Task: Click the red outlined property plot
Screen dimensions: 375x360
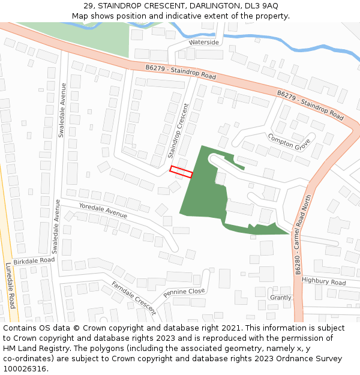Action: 181,172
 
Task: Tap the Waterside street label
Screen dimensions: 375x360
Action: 204,43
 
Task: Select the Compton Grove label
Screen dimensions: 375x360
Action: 289,141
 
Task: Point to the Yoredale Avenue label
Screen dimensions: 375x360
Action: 103,210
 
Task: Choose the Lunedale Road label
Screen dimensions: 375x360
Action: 11,285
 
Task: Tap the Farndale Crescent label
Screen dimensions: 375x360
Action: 133,298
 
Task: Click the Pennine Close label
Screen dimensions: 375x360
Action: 184,293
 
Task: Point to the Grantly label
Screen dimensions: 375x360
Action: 280,298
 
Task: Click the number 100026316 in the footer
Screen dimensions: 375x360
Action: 25,369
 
